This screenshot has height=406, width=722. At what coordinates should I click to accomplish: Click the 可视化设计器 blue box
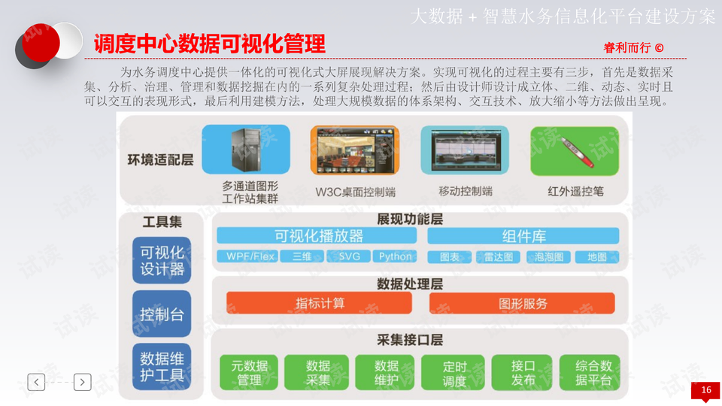pos(162,260)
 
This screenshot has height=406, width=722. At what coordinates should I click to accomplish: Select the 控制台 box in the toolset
pos(162,314)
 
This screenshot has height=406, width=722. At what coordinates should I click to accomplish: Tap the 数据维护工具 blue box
pos(162,366)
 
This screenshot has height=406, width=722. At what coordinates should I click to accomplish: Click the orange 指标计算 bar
pos(320,303)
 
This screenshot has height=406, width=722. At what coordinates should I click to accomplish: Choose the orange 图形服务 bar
pos(523,303)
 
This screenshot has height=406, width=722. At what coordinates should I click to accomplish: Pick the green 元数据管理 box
pos(249,373)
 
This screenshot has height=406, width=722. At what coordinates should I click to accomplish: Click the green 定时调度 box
pos(454,373)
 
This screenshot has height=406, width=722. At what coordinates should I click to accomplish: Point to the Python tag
pos(395,256)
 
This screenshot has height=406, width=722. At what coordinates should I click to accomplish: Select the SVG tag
pos(350,256)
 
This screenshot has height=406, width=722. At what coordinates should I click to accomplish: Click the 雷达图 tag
pos(498,256)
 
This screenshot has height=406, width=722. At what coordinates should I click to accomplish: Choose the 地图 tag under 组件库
pos(597,256)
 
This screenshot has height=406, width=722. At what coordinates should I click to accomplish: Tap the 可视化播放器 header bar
pos(318,236)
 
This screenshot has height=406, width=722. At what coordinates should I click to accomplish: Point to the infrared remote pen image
pos(575,150)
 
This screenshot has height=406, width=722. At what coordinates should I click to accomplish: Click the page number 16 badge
pos(705,390)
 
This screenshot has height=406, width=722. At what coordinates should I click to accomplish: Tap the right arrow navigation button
pos(83,382)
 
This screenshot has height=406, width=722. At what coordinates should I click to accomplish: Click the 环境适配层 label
pos(160,160)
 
